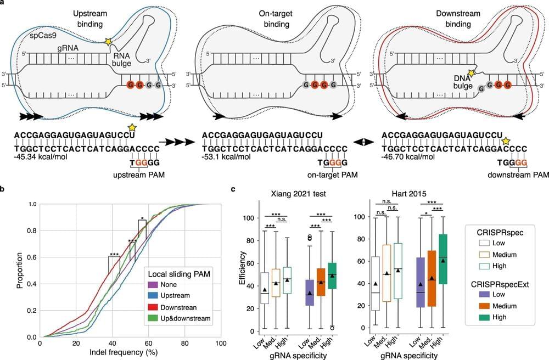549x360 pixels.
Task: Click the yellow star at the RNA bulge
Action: pos(108,41)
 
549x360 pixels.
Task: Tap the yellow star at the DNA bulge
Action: pos(470,73)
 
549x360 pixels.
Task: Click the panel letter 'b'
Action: pos(3,190)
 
